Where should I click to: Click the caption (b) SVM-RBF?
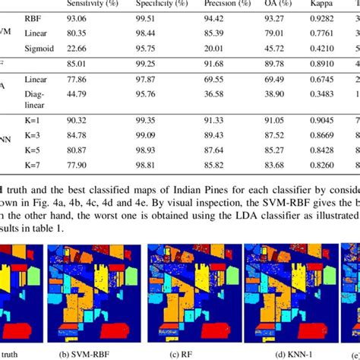coord(91,352)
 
